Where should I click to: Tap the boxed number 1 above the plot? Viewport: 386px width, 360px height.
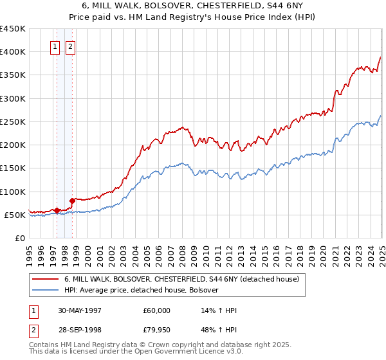pos(55,47)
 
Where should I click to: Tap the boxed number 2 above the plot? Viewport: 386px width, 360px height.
pos(69,47)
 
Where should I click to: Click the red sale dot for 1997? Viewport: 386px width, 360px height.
pos(57,210)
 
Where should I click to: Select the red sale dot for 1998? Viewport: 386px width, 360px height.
pos(72,201)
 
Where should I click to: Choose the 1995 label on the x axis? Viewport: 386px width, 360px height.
pos(30,254)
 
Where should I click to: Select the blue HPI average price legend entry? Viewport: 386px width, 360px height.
pos(142,291)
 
